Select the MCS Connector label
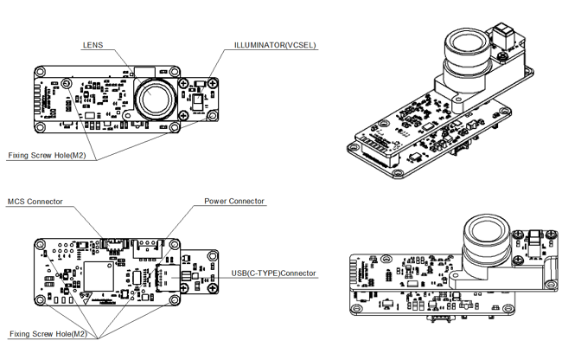tap(35, 202)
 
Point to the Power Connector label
tap(234, 202)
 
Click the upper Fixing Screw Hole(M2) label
tap(47, 156)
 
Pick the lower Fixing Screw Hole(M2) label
tap(48, 333)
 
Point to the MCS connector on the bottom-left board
tap(113, 241)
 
